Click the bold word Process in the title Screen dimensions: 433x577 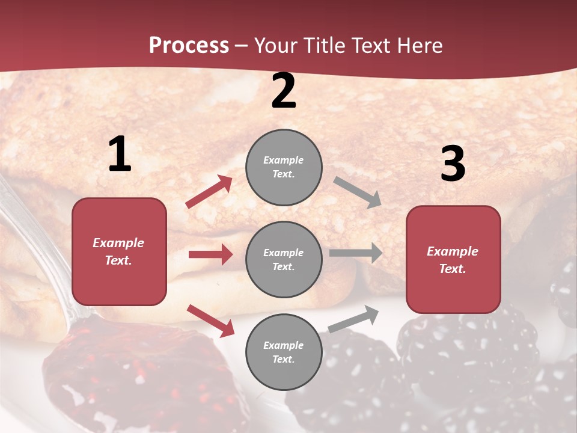point(189,45)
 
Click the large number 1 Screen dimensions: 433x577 point(120,155)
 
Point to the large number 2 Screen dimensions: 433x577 point(284,91)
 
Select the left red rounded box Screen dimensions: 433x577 point(119,251)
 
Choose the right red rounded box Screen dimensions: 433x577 point(453,259)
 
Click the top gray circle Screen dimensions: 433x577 point(284,167)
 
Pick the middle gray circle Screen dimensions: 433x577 point(284,259)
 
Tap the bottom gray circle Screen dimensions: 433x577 point(284,352)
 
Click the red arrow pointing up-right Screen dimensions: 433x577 point(209,191)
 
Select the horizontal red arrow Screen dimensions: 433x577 point(210,254)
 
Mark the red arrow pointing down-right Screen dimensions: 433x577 point(210,321)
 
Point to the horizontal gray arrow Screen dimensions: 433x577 point(356,253)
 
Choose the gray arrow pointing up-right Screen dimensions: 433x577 point(353,319)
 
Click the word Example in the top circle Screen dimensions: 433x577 point(284,160)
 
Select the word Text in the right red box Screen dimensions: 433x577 point(451,269)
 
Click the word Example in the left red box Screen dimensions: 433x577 point(118,243)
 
